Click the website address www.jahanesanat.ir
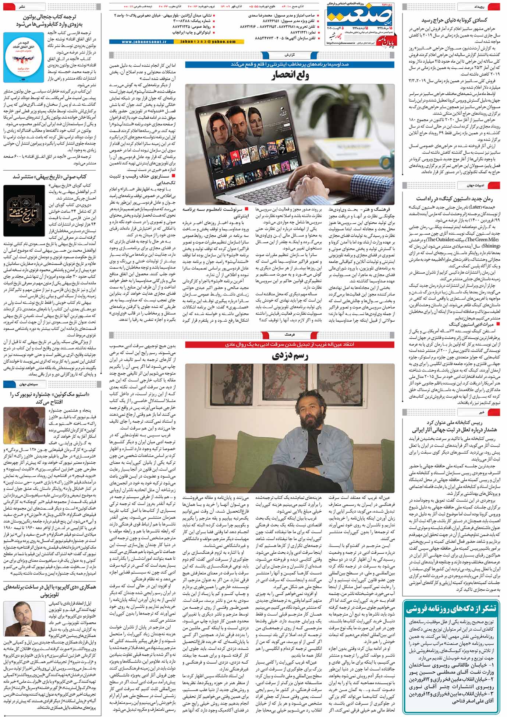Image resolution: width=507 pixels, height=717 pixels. click(x=139, y=42)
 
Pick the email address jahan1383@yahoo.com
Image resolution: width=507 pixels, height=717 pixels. click(x=203, y=42)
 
